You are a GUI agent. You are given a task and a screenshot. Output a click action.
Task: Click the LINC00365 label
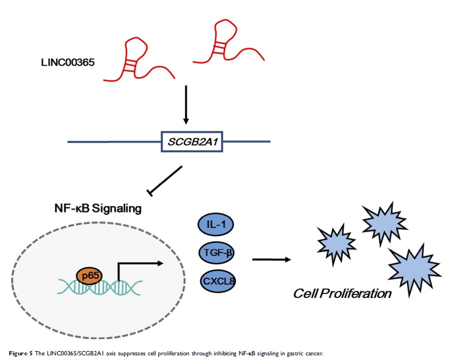[x=67, y=61]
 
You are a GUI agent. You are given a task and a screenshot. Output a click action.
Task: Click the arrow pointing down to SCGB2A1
[x=186, y=104]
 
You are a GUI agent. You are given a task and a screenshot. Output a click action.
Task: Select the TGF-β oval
[x=216, y=253]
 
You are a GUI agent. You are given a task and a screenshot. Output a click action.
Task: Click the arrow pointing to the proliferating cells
[x=272, y=259]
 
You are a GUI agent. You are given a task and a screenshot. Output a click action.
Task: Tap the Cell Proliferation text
[x=342, y=293]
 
